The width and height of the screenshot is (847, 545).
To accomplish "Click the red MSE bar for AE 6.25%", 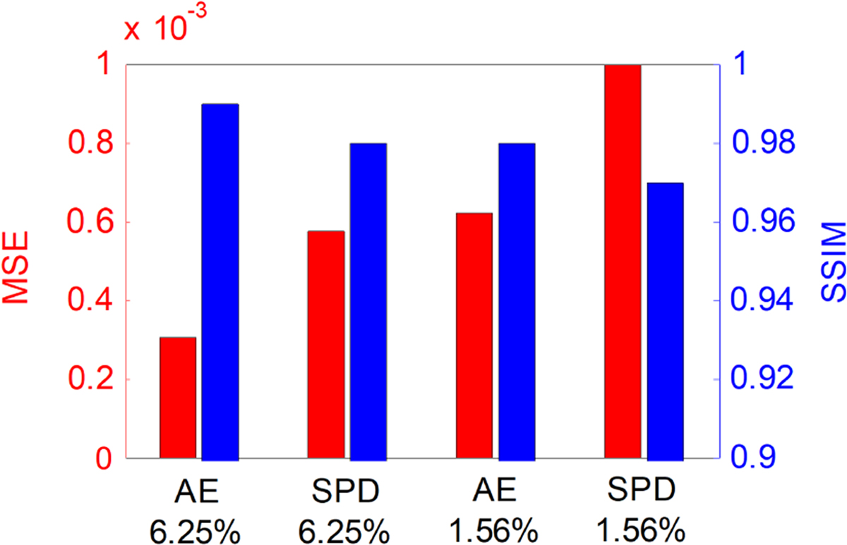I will pyautogui.click(x=178, y=398).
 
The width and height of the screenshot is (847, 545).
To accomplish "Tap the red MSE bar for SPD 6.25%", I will pyautogui.click(x=326, y=344).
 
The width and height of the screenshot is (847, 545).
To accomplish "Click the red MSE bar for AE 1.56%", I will pyautogui.click(x=474, y=336).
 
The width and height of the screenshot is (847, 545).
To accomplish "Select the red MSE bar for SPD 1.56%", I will pyautogui.click(x=623, y=262).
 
